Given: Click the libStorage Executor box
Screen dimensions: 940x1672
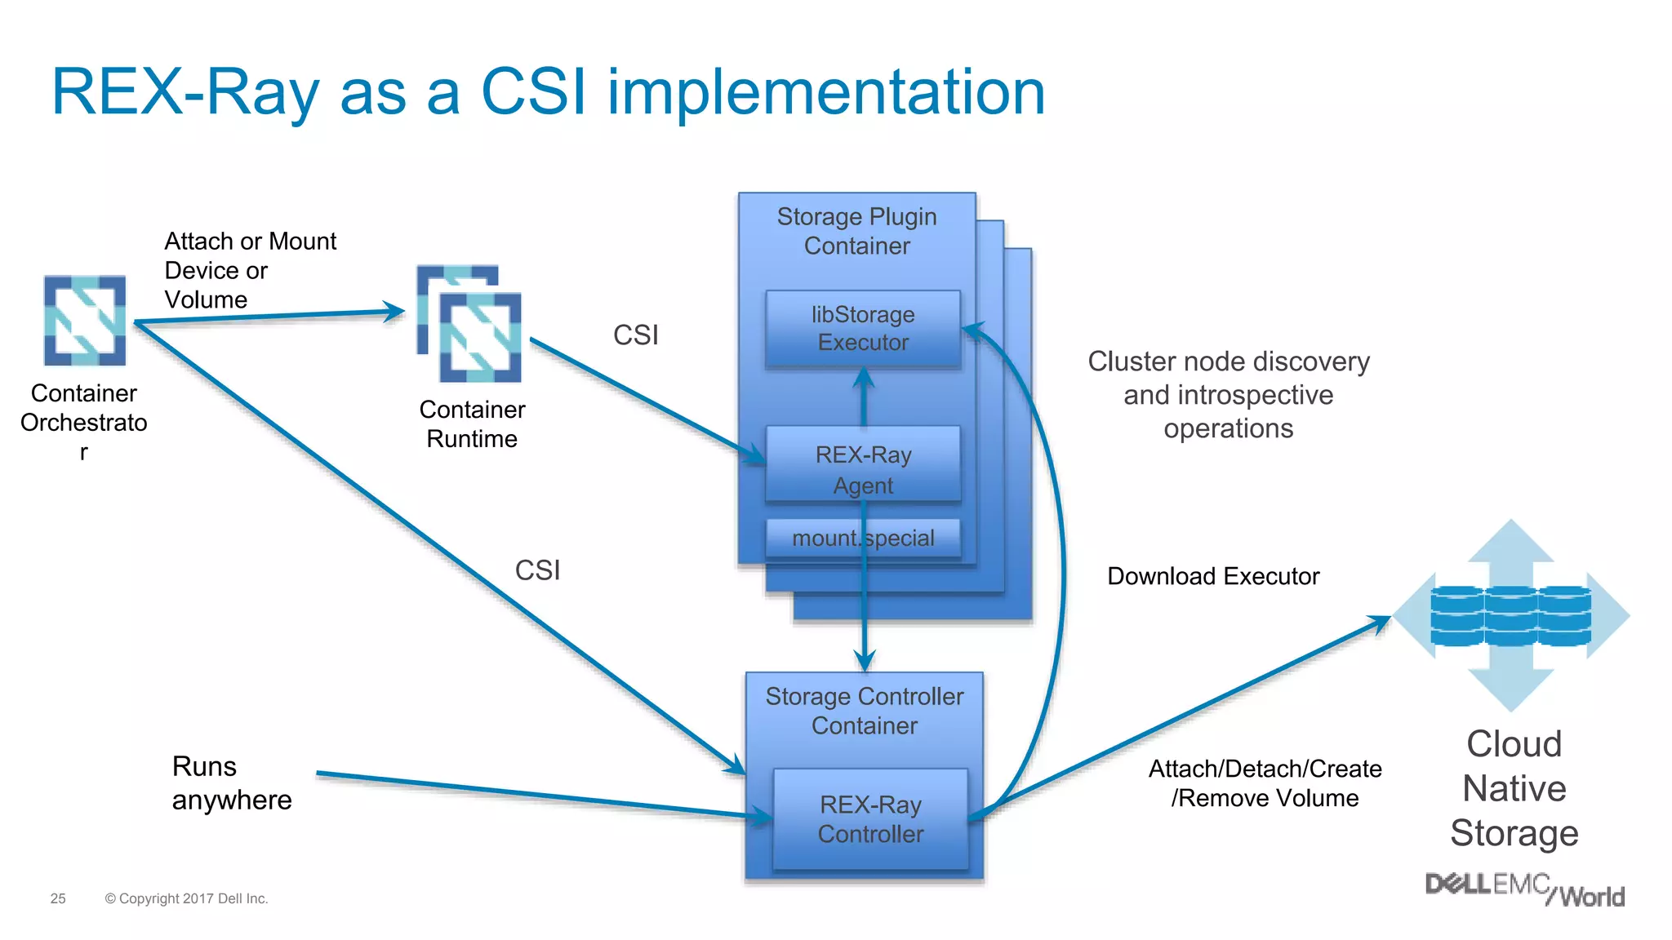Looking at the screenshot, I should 863,329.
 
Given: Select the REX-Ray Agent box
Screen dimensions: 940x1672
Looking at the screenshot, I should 863,463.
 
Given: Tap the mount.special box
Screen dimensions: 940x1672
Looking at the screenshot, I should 863,539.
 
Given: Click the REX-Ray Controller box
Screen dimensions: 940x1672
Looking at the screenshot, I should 870,819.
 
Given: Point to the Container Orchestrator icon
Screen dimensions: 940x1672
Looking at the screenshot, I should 85,320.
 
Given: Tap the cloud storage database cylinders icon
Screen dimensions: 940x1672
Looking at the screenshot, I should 1510,616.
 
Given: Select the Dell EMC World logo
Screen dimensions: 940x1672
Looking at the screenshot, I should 1524,889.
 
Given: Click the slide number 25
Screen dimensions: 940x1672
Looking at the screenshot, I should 58,898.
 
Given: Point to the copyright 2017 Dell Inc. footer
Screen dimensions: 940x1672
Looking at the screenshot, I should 186,898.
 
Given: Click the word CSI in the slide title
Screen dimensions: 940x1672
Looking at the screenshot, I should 533,91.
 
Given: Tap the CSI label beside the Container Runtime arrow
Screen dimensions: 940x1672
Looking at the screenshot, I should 635,335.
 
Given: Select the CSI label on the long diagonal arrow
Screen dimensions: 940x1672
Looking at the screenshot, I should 537,570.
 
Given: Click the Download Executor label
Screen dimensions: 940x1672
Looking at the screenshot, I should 1212,576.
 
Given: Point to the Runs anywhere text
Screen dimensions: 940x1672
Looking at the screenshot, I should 231,783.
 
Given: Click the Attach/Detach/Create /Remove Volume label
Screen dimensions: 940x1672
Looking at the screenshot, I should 1265,783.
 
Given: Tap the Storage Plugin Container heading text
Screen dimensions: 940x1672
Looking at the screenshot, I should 856,231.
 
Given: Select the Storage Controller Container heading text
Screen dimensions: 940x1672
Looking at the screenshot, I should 864,711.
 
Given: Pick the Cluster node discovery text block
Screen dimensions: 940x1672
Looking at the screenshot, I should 1228,395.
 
